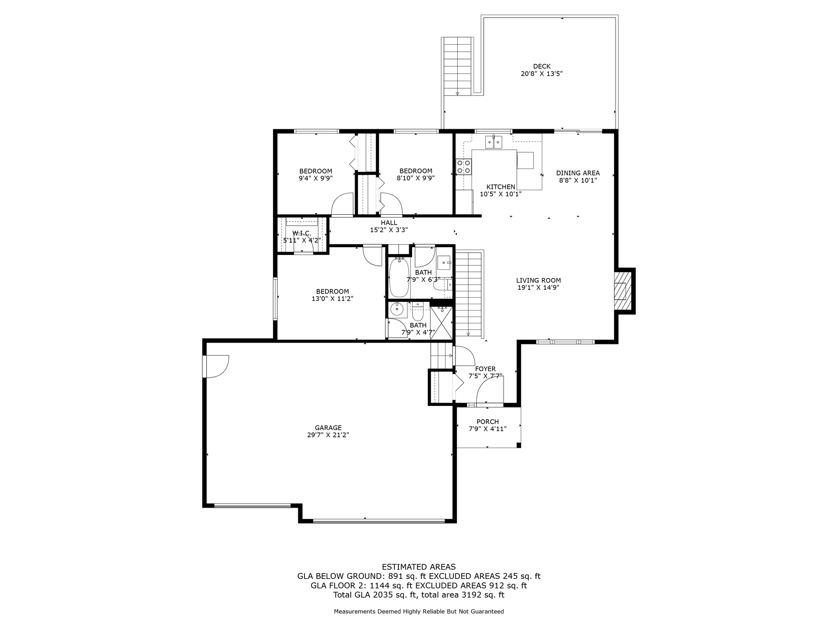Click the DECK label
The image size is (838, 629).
pos(541,66)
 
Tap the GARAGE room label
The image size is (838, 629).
pos(328,428)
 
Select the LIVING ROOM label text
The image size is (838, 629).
pos(538,281)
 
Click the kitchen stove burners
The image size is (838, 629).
pos(464,167)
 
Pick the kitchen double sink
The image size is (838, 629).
pos(494,143)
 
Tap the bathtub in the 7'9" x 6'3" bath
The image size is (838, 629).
pos(398,278)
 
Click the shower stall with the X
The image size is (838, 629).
pos(441,322)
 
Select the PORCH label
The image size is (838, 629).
pos(487,422)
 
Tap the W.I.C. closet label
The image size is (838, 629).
pos(302,233)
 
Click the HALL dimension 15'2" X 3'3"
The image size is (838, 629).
pos(389,229)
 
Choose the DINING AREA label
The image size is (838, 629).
pos(578,173)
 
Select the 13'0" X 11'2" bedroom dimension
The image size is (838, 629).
pos(333,298)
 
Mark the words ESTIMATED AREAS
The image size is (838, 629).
pos(419,567)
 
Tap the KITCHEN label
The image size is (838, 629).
pos(501,187)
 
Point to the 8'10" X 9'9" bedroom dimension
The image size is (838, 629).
pos(416,178)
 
